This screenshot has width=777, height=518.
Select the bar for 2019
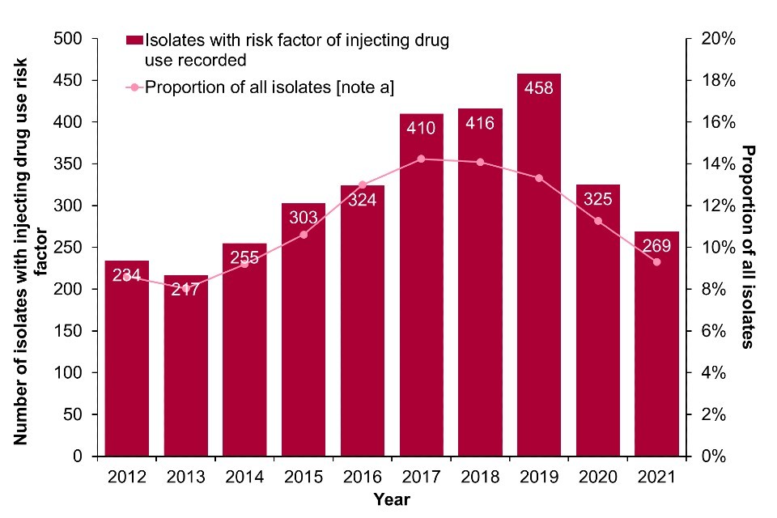[538, 267]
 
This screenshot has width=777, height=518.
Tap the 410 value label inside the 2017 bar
[421, 128]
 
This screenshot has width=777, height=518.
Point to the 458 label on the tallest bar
[538, 87]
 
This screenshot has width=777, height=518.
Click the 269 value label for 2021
[656, 245]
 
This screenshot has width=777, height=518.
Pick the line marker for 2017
[421, 159]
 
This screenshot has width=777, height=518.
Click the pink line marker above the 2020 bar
[597, 221]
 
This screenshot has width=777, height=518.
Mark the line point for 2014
[244, 264]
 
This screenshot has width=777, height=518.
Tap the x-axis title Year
[391, 499]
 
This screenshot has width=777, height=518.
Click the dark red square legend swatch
[134, 40]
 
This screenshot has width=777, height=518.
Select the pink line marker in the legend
[134, 86]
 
